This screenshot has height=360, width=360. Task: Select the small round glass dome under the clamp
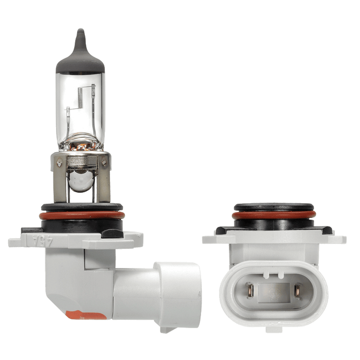[82, 181]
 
